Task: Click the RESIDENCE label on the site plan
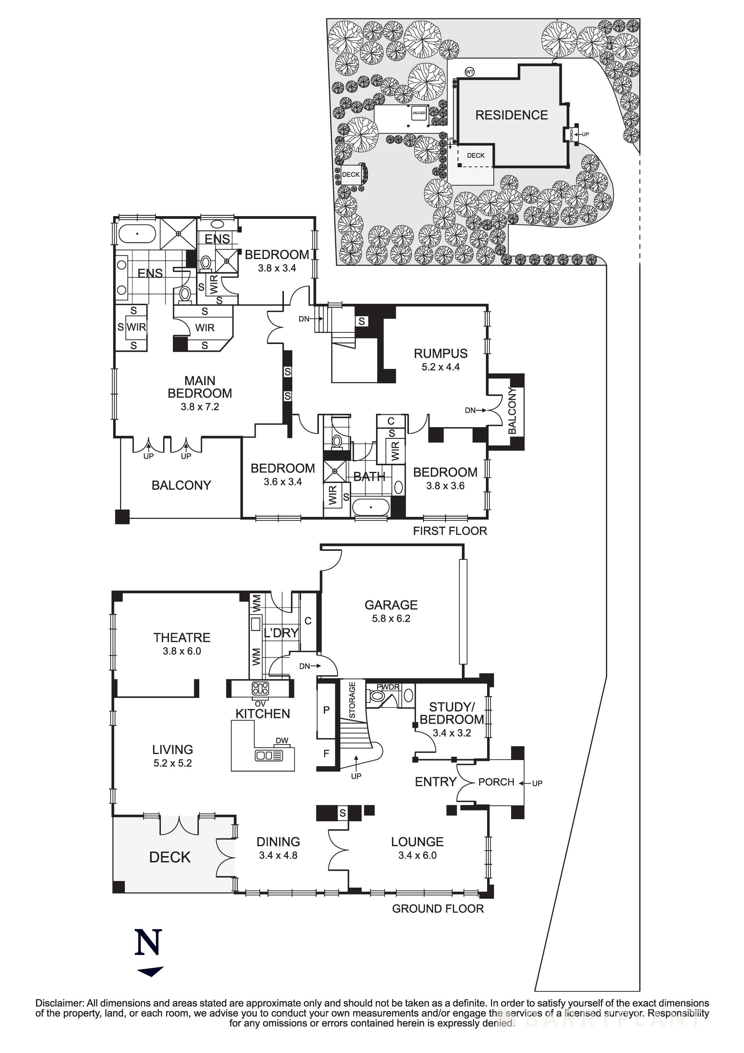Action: pyautogui.click(x=511, y=115)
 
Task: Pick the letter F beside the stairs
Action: pyautogui.click(x=327, y=753)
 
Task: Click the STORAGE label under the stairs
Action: pyautogui.click(x=352, y=700)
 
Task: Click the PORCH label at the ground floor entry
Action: pyautogui.click(x=496, y=782)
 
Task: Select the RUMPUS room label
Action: pyautogui.click(x=441, y=354)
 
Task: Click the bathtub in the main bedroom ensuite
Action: pyautogui.click(x=137, y=234)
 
